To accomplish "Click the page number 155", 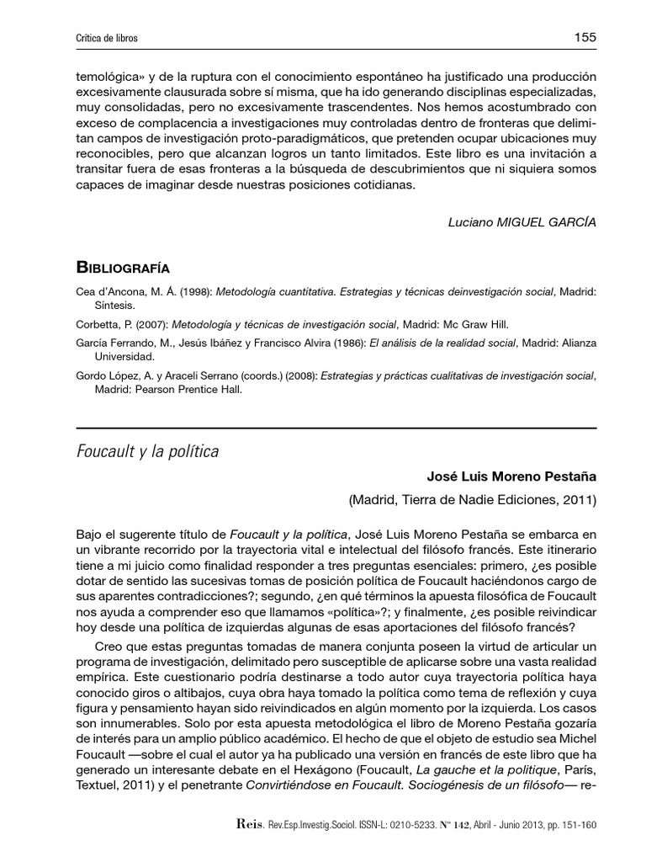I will [585, 37].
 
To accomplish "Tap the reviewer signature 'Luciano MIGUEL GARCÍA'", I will [523, 222].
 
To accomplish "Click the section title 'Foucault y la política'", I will [147, 452].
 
